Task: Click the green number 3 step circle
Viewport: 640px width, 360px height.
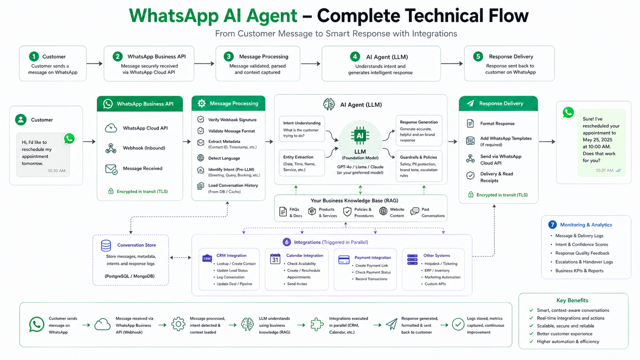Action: (x=228, y=56)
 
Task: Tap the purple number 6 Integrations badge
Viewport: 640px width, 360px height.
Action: (x=287, y=242)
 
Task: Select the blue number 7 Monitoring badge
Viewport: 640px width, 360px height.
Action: (x=552, y=225)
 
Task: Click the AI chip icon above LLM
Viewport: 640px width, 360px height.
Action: (x=360, y=136)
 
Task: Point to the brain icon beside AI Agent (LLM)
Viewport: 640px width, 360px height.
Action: (x=329, y=104)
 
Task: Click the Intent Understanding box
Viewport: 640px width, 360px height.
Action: (x=302, y=129)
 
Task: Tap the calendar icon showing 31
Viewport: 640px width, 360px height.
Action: (x=275, y=259)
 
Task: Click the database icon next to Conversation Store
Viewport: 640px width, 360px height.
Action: (x=106, y=245)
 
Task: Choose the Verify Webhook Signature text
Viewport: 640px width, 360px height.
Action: (x=232, y=120)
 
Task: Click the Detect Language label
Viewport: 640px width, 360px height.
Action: (x=224, y=158)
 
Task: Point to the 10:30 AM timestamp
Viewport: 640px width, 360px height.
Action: (x=57, y=171)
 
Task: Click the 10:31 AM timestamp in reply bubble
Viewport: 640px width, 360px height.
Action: (x=604, y=170)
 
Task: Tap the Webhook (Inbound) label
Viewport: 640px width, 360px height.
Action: (x=144, y=148)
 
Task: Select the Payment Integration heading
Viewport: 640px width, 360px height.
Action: (x=373, y=258)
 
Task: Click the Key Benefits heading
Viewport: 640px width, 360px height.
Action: (x=572, y=300)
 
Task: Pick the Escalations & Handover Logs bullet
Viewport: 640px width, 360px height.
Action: (x=584, y=262)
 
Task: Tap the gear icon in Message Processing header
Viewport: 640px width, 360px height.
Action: (x=202, y=103)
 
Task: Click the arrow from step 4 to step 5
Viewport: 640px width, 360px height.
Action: (x=452, y=64)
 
